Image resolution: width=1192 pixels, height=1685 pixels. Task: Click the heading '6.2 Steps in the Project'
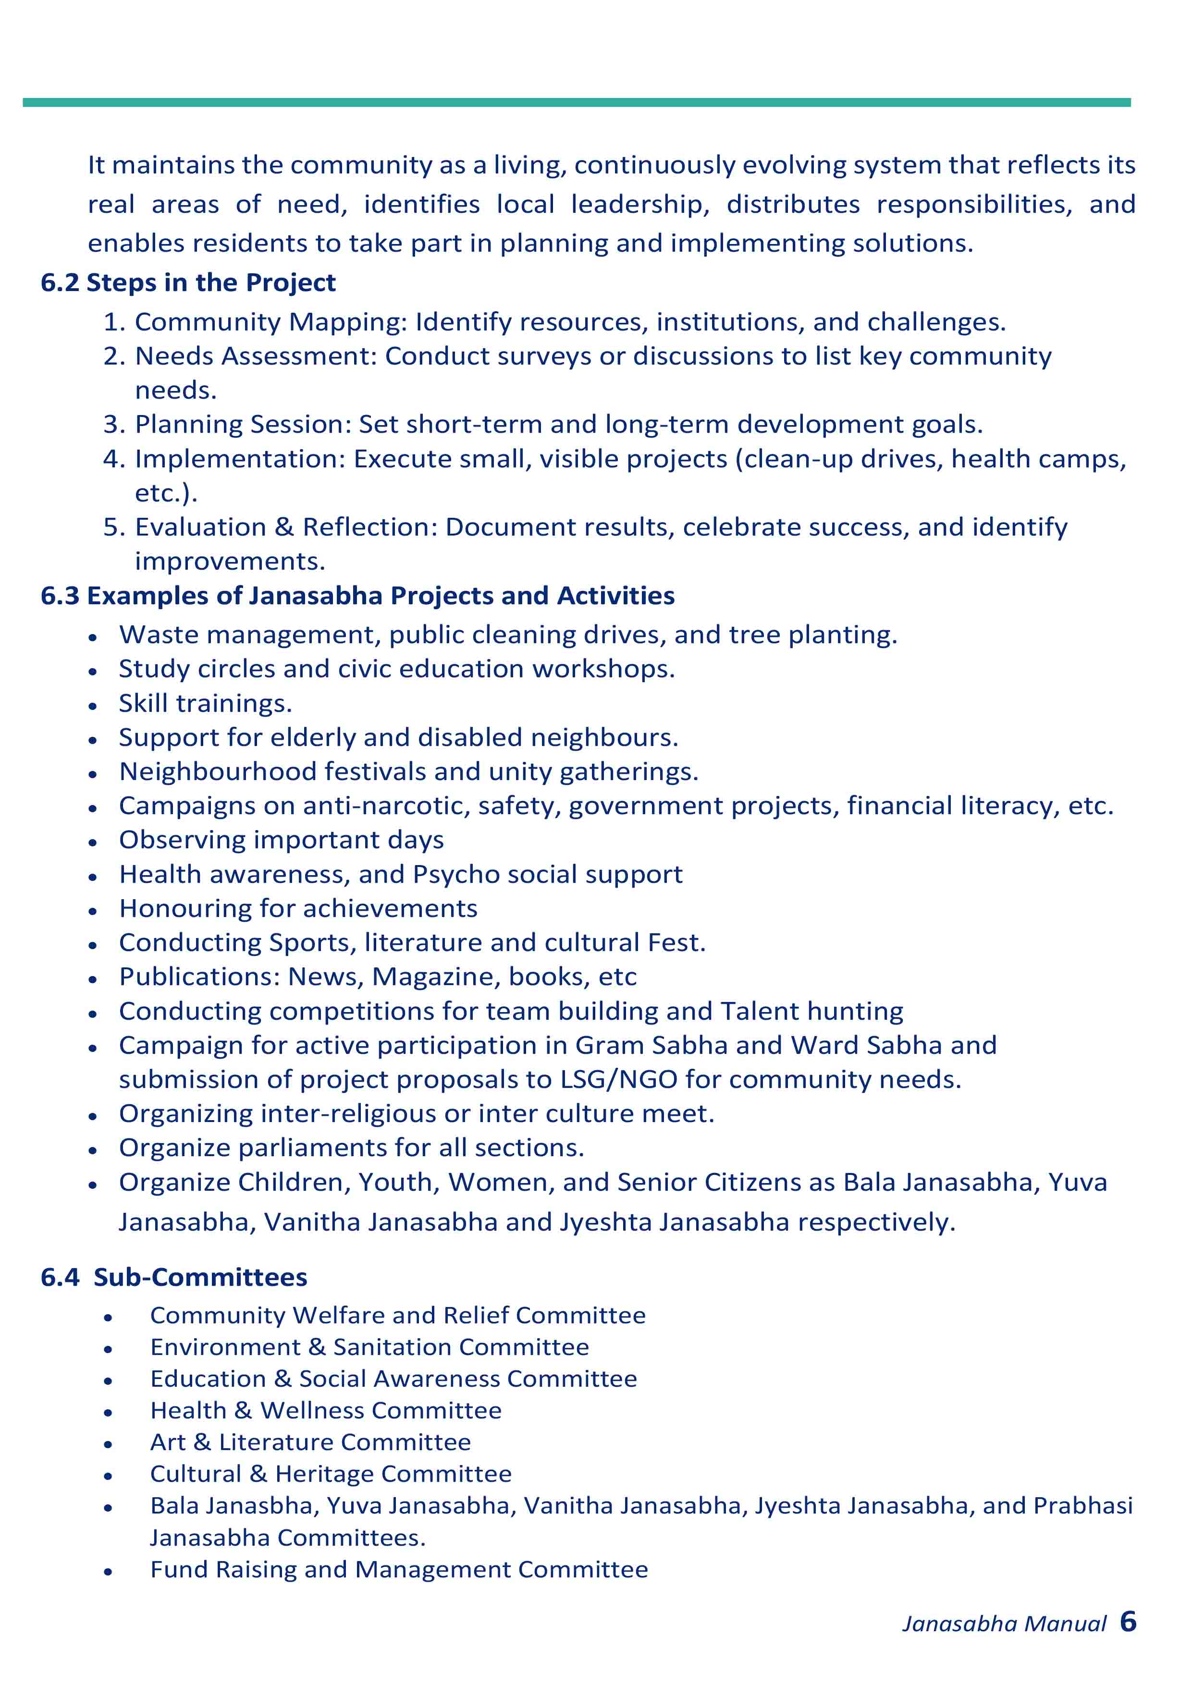(x=188, y=282)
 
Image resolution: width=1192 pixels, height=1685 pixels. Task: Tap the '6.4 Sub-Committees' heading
(x=174, y=1277)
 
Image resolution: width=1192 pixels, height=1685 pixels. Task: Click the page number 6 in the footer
(x=1128, y=1621)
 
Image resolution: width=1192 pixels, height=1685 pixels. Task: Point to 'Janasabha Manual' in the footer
(x=1003, y=1624)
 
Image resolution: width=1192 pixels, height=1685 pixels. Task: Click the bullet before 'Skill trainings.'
(x=92, y=706)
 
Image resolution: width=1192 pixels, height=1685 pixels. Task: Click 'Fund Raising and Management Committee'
(x=399, y=1569)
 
